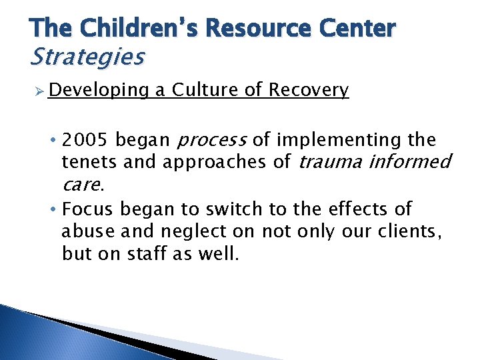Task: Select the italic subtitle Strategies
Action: [87, 57]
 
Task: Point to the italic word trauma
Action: [332, 162]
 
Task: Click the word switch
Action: [238, 209]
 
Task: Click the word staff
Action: [153, 254]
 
